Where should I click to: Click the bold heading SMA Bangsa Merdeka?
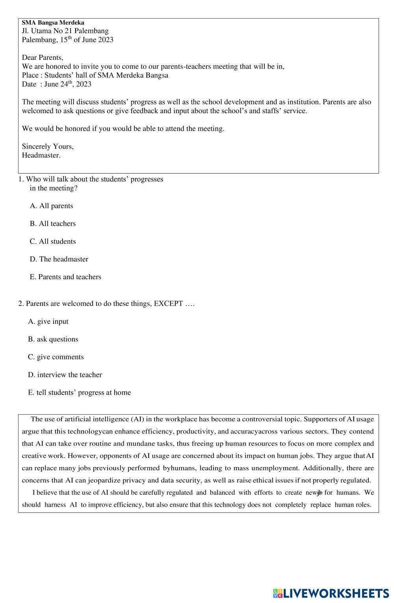point(53,23)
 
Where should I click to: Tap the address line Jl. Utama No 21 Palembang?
point(65,31)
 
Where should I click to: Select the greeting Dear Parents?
point(42,58)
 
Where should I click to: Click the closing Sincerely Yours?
point(47,146)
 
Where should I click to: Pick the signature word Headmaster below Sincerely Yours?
point(41,155)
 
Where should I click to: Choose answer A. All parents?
point(51,206)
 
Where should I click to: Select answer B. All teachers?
point(52,224)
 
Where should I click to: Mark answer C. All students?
point(52,241)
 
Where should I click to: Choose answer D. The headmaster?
point(59,259)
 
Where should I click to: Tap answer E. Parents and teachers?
point(65,277)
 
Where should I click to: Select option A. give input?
point(48,321)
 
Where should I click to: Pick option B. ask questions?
point(53,339)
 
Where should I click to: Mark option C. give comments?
point(56,357)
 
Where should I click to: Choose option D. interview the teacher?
point(65,375)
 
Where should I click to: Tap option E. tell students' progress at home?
point(79,392)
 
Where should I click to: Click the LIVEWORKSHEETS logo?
point(331,593)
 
